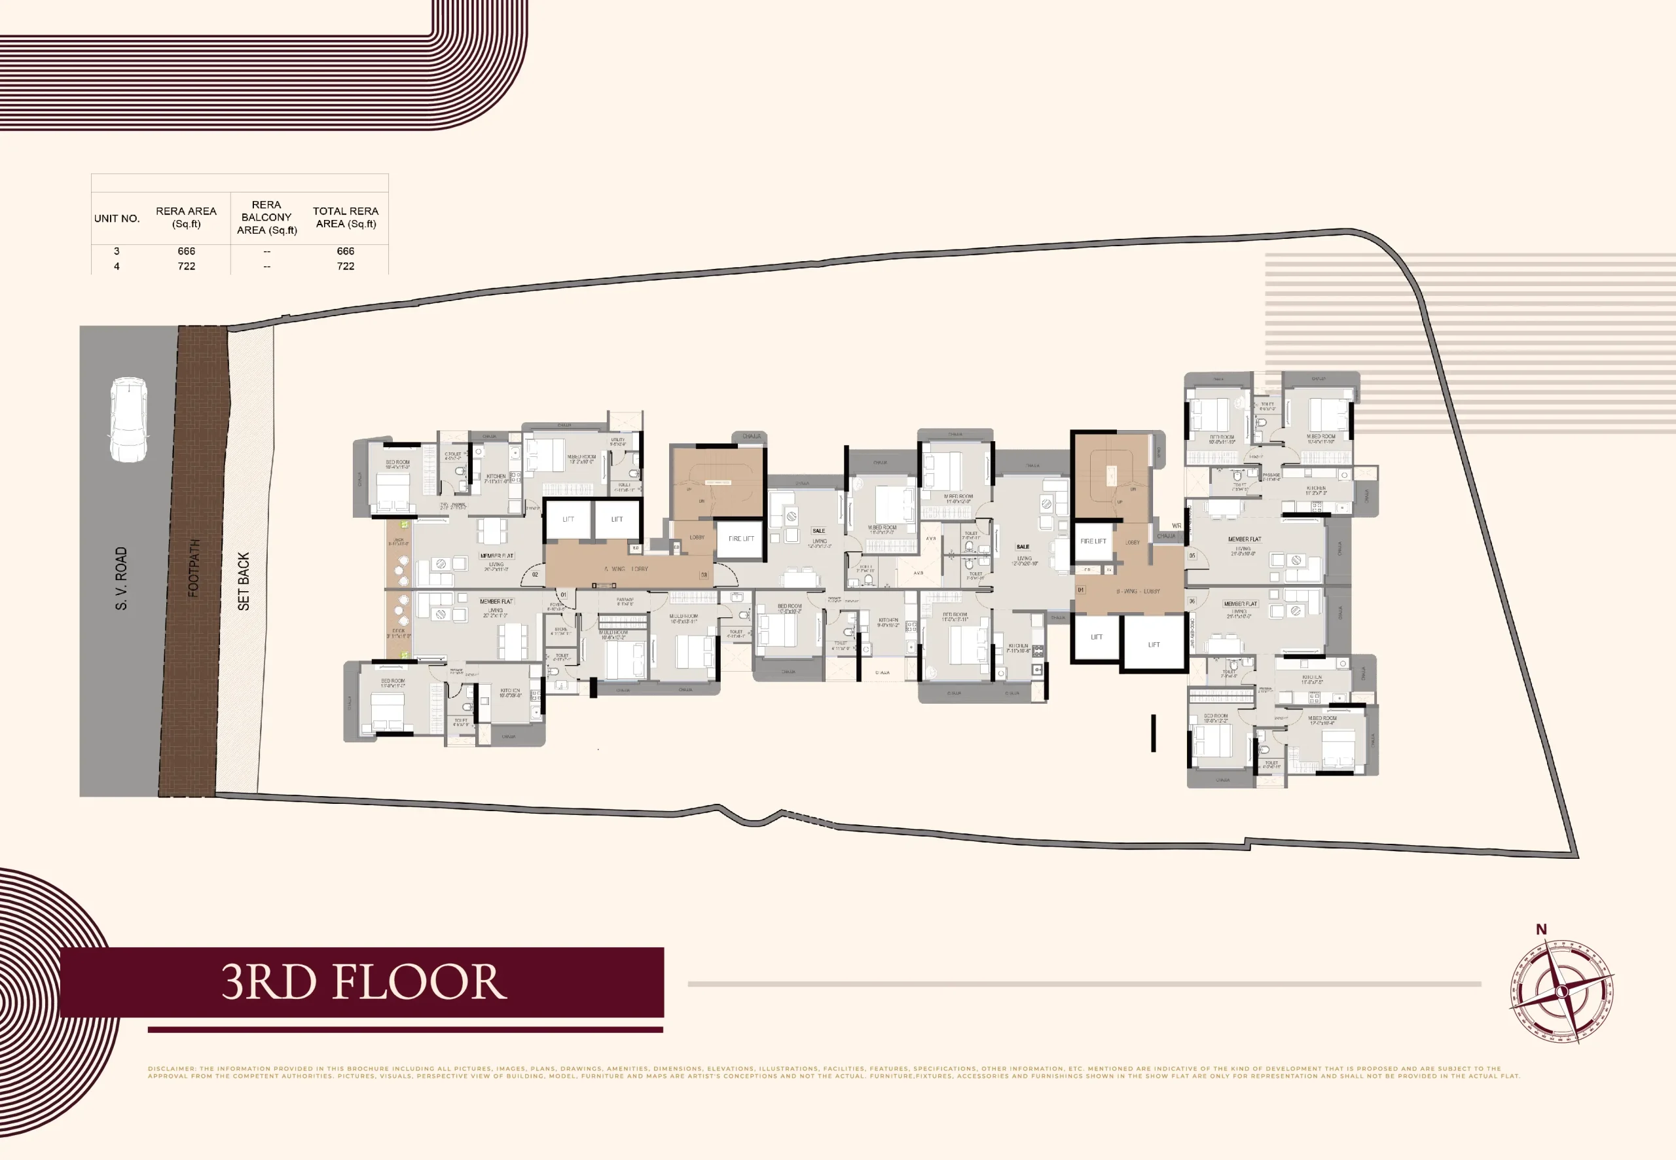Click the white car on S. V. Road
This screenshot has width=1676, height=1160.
point(128,419)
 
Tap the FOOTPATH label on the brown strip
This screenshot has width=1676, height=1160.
point(193,567)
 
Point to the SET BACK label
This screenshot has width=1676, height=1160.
point(244,581)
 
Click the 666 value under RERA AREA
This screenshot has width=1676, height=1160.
point(186,251)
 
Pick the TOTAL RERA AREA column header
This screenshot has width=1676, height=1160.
point(345,217)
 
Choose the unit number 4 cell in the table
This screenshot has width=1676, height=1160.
point(117,266)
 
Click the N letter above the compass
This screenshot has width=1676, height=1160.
point(1541,929)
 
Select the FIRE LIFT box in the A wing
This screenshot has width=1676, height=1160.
point(740,539)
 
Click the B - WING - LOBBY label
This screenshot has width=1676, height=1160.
point(1137,591)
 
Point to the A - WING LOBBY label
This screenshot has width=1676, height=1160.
point(626,568)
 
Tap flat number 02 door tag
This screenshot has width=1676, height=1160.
point(535,574)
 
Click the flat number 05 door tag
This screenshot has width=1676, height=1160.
point(1192,555)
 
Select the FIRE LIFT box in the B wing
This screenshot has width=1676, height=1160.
point(1093,541)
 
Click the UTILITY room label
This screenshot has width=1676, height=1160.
point(618,441)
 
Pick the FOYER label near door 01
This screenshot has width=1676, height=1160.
point(556,606)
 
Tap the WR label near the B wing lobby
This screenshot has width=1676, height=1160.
point(1176,526)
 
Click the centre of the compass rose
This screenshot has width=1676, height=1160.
point(1562,991)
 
